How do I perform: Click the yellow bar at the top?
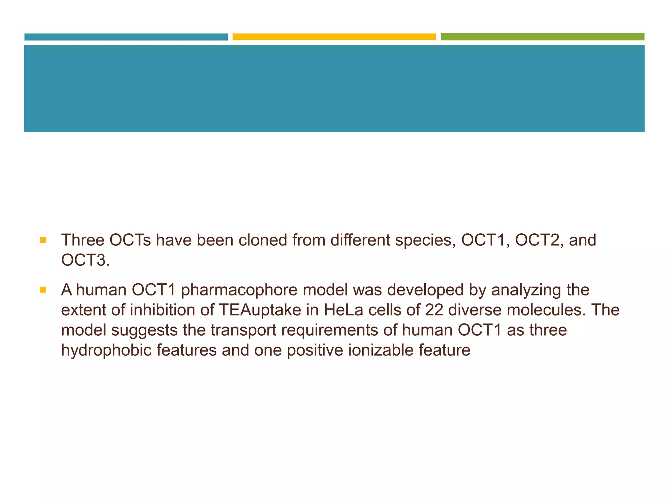click(x=334, y=37)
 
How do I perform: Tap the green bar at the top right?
click(x=543, y=37)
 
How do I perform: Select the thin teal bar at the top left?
click(x=126, y=37)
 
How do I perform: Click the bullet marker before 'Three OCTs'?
click(x=43, y=240)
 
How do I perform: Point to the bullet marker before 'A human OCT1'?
click(x=43, y=290)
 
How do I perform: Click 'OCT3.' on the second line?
click(x=86, y=260)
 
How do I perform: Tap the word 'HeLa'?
click(x=343, y=310)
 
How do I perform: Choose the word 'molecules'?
click(x=545, y=310)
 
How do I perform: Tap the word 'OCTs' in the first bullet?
click(x=130, y=240)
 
